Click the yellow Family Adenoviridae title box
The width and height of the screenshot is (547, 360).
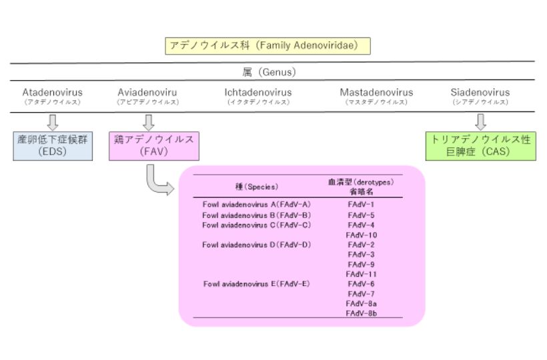point(267,46)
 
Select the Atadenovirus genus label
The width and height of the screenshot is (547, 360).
point(51,93)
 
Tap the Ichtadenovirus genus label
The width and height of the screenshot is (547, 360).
point(258,93)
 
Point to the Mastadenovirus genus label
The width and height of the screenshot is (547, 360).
point(376,93)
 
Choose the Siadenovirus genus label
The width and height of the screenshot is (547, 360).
point(480,93)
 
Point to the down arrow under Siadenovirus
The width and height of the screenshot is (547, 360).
point(480,122)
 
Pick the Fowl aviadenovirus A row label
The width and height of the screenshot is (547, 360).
point(257,205)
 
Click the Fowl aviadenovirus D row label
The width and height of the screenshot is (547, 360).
point(257,245)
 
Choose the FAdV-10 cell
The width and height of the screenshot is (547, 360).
point(362,235)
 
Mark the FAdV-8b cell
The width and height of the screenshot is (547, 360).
point(362,313)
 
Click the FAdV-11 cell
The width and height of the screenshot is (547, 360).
point(362,274)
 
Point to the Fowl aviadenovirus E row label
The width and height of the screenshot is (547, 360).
point(257,284)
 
